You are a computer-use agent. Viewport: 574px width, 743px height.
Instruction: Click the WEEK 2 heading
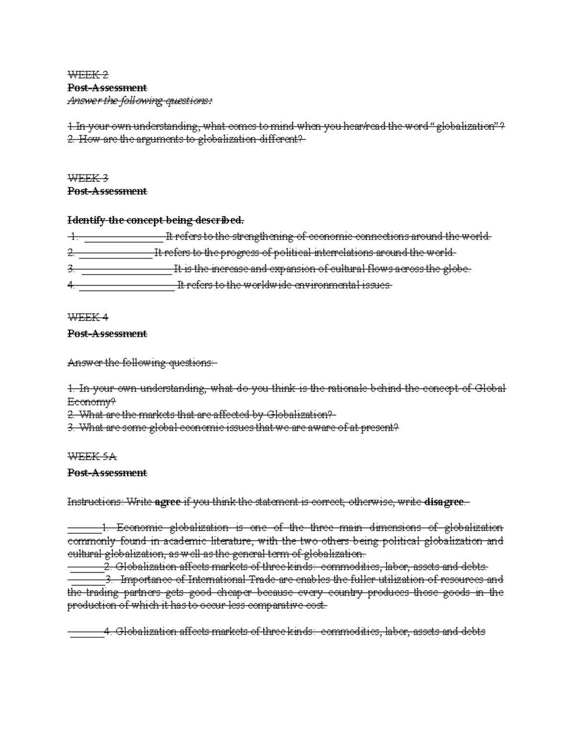(x=88, y=75)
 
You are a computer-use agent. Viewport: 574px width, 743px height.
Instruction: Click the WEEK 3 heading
(x=88, y=178)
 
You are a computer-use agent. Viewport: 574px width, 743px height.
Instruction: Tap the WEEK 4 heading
(x=88, y=317)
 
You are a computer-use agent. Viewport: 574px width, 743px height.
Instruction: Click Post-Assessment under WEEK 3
(x=107, y=191)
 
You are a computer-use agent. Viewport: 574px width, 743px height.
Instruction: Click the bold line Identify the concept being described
(x=156, y=221)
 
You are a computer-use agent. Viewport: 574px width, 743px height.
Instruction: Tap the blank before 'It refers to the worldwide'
(x=127, y=286)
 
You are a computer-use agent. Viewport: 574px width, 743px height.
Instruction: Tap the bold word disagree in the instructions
(x=444, y=502)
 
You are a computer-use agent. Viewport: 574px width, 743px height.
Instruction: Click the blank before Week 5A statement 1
(x=84, y=528)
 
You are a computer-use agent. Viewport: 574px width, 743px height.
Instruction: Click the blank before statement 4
(x=87, y=632)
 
